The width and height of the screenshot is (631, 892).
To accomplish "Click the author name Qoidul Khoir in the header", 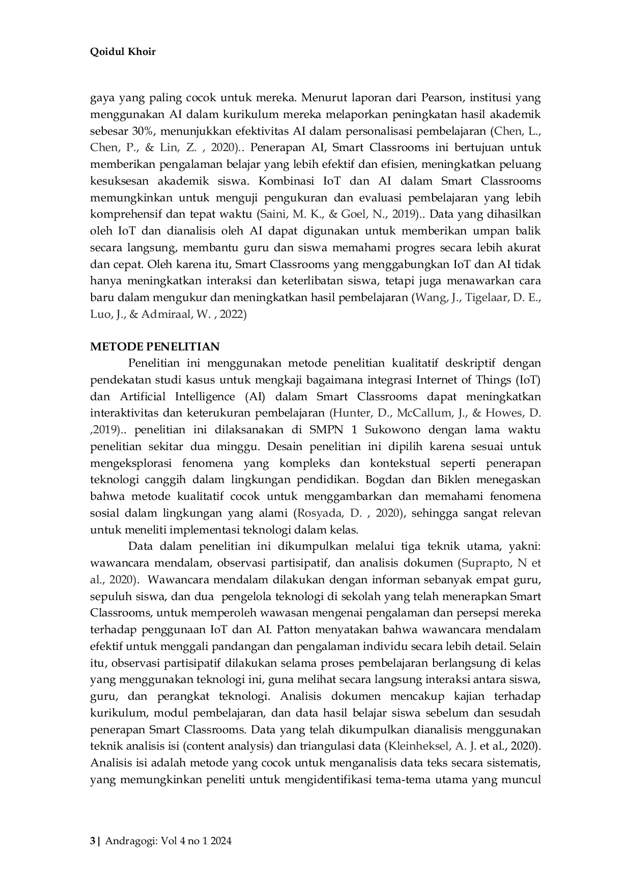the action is click(x=123, y=51).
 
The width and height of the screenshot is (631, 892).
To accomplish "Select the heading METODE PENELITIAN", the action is click(x=155, y=347).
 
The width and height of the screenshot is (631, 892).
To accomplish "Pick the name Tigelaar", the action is click(x=486, y=298).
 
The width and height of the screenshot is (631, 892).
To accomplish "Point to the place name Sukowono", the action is click(x=392, y=430).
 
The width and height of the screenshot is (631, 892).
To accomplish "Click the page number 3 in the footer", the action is click(x=92, y=842).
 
